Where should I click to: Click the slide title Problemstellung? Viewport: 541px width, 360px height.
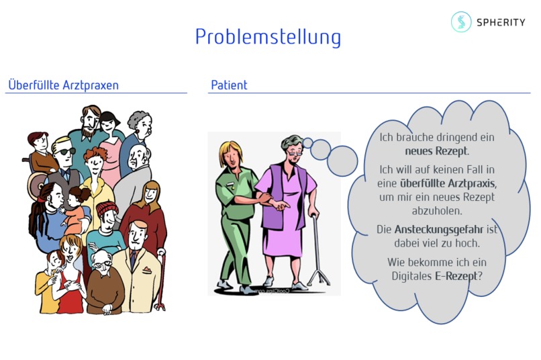[x=268, y=37]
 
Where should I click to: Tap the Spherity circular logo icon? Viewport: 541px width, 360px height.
[x=461, y=22]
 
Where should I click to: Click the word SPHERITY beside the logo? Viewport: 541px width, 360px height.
[x=502, y=22]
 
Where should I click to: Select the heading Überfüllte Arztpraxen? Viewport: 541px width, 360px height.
[x=63, y=85]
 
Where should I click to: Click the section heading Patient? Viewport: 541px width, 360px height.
[x=229, y=85]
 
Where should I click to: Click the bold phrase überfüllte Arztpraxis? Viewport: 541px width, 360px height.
[x=448, y=183]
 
